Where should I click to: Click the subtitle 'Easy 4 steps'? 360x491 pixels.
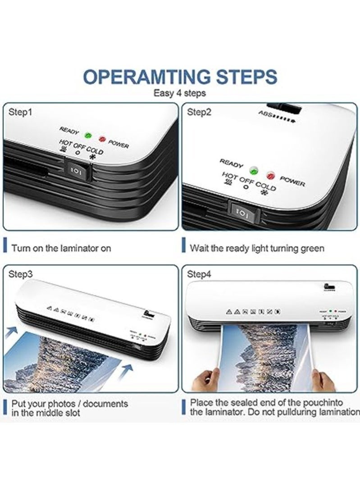click(x=180, y=93)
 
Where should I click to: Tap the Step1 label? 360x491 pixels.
click(x=20, y=112)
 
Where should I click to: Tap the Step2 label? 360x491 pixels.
click(x=199, y=112)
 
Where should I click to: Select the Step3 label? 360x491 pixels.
click(x=20, y=274)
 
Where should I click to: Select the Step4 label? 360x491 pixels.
click(x=199, y=274)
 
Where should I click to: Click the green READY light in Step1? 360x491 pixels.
click(x=88, y=135)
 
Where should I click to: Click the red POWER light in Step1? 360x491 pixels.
click(x=102, y=139)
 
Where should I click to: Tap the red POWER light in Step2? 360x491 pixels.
click(x=271, y=174)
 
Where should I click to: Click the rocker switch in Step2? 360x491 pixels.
click(x=242, y=211)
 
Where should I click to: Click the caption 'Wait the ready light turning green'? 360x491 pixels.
click(x=257, y=248)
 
